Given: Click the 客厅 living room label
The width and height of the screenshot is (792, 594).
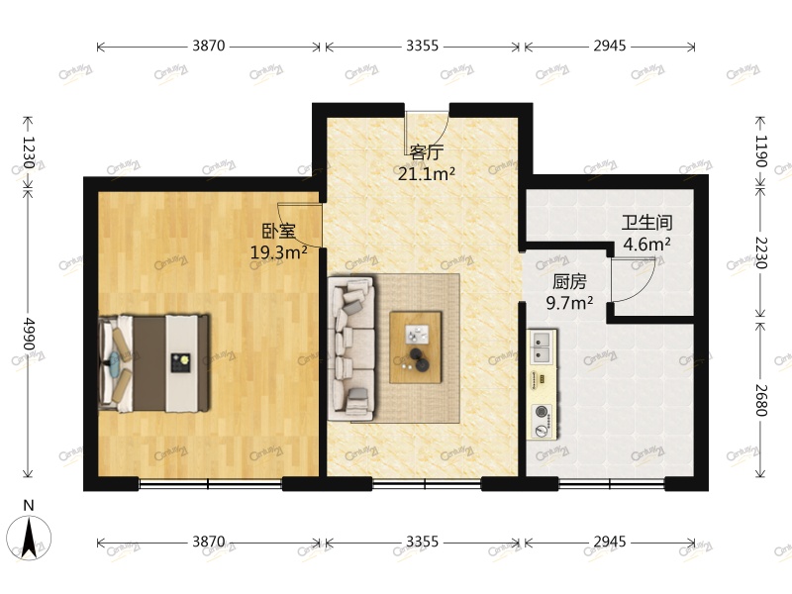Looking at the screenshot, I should tap(426, 152).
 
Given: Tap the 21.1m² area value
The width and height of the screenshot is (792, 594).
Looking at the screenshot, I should tap(426, 174).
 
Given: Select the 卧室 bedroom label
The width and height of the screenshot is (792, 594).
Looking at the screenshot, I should tap(278, 232).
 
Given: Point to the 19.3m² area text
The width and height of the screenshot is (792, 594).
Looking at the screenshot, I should tap(278, 252).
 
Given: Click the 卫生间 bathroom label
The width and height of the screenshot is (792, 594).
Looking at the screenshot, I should tap(646, 223).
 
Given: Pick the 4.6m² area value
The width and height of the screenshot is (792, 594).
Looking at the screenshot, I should tap(646, 244).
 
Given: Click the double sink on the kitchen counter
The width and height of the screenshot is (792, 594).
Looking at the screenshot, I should tap(544, 346).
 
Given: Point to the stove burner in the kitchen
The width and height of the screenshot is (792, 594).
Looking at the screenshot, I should tap(543, 412).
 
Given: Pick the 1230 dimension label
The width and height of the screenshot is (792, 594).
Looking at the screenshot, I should tap(29, 153).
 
